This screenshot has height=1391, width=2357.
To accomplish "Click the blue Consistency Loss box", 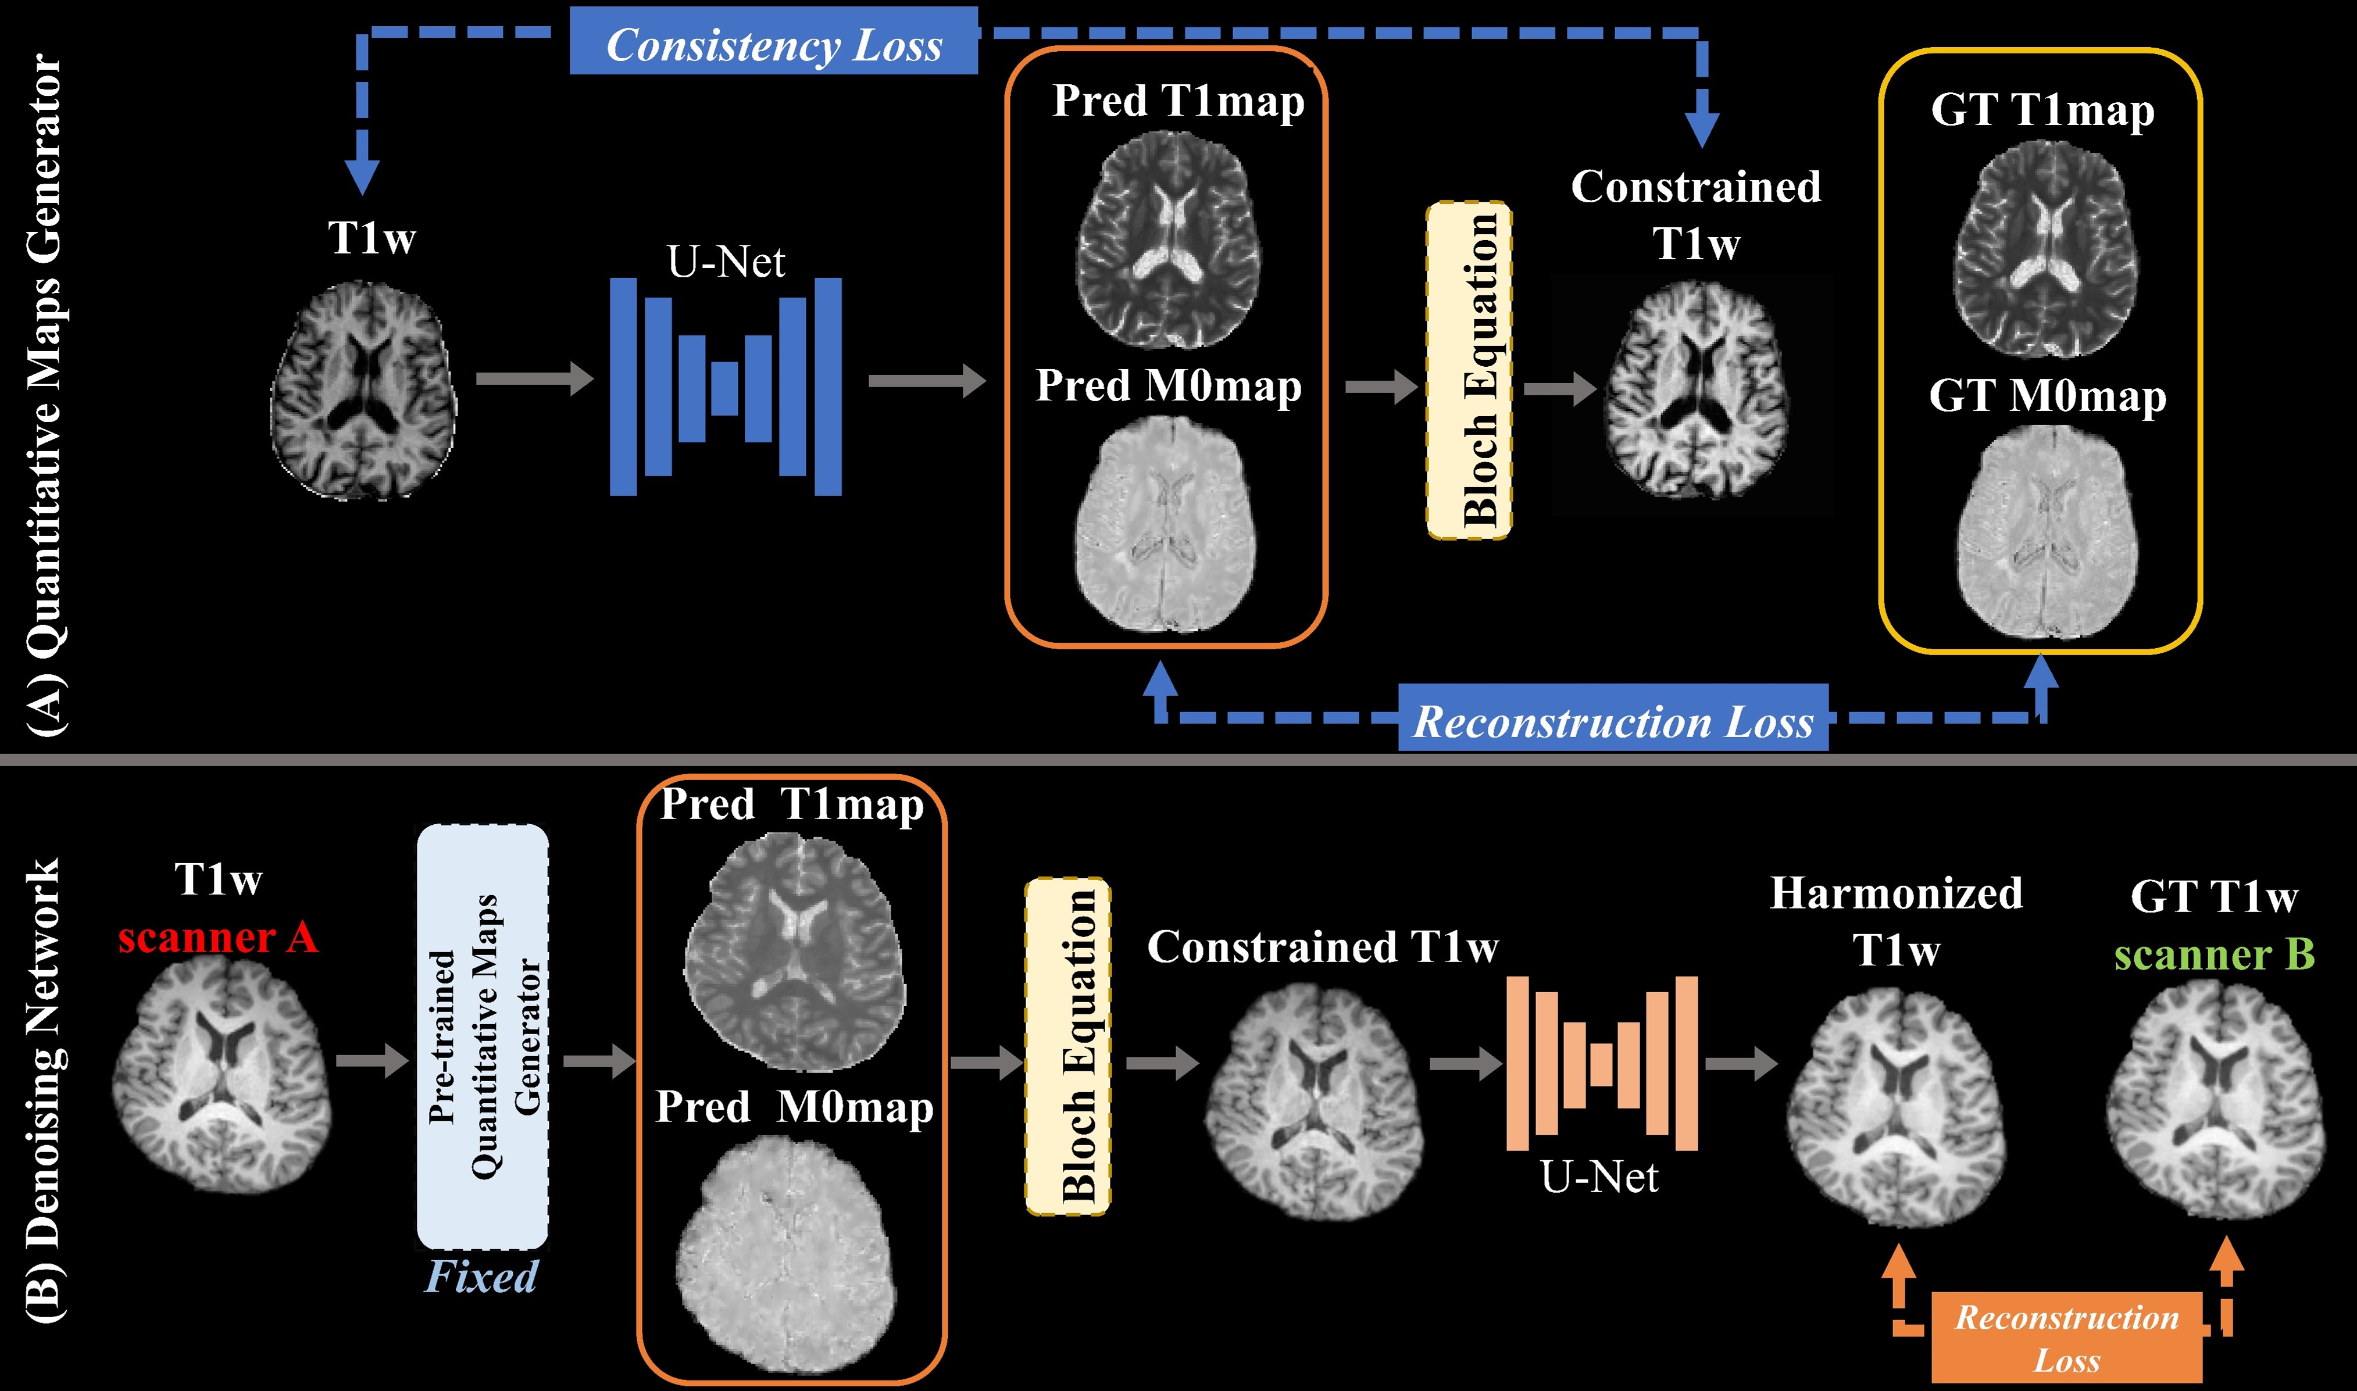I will pyautogui.click(x=773, y=42).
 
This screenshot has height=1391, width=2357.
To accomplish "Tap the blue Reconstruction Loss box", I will pyautogui.click(x=1613, y=719).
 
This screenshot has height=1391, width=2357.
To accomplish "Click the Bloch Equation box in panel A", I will pyautogui.click(x=1468, y=370).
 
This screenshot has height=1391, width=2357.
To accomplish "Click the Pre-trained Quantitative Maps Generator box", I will pyautogui.click(x=483, y=1036).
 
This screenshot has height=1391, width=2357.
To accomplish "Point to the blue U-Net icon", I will pyautogui.click(x=725, y=386).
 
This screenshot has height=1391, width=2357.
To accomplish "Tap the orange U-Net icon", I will pyautogui.click(x=1601, y=1063).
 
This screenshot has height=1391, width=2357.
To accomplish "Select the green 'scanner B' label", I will pyautogui.click(x=2213, y=954).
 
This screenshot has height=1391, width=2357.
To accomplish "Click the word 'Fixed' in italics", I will pyautogui.click(x=481, y=1276).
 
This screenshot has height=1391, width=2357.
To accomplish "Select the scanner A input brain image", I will pyautogui.click(x=222, y=1078).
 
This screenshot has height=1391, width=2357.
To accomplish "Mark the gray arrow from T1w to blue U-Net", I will pyautogui.click(x=534, y=380).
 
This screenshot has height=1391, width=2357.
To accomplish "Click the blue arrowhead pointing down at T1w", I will pyautogui.click(x=362, y=176).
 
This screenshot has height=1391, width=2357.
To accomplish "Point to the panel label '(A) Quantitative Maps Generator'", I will pyautogui.click(x=44, y=394).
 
